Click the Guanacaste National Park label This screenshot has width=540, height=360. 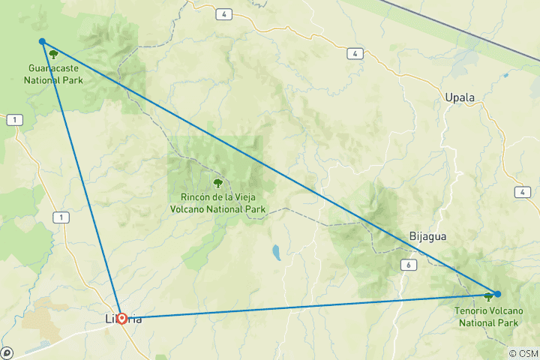point(53,73)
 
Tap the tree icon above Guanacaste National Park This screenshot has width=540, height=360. point(53,55)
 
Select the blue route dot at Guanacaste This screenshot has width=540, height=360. point(43,42)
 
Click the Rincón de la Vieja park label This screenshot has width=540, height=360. point(217,203)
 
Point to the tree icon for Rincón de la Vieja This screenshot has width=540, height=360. point(217,182)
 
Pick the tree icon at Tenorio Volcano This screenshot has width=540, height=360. point(488,297)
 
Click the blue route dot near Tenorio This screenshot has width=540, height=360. point(497,294)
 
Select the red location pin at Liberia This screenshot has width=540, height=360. point(121,318)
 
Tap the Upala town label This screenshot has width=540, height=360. point(460,98)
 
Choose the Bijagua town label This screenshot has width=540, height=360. point(428,236)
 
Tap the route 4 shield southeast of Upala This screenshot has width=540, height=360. point(520,193)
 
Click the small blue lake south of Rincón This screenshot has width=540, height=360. point(276,251)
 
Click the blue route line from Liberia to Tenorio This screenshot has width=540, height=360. point(300,306)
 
